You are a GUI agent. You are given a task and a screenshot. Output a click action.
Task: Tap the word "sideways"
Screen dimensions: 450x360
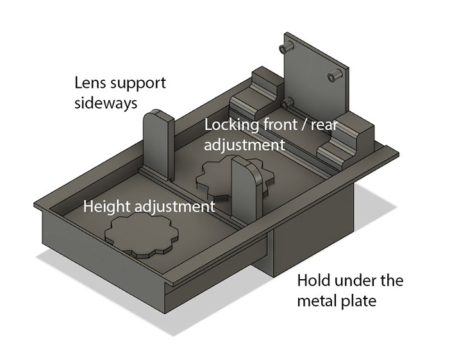pyautogui.click(x=106, y=103)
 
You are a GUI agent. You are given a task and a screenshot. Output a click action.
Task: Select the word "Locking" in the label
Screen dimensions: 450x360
pyautogui.click(x=231, y=126)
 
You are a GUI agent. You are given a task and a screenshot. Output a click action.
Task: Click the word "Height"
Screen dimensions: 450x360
pyautogui.click(x=107, y=207)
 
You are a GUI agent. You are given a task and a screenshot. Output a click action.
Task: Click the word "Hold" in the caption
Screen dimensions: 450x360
pyautogui.click(x=313, y=280)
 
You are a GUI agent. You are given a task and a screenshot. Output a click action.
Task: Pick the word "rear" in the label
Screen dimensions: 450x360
pyautogui.click(x=324, y=126)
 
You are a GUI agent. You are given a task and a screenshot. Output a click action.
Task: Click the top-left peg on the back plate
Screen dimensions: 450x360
pyautogui.click(x=287, y=47)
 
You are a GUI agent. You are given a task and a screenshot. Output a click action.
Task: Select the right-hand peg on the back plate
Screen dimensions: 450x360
pyautogui.click(x=335, y=75)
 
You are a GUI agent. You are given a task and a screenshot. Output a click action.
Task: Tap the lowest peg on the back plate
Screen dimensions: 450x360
pyautogui.click(x=287, y=103)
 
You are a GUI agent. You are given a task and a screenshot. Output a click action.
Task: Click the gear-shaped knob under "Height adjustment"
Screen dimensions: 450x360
pyautogui.click(x=142, y=235)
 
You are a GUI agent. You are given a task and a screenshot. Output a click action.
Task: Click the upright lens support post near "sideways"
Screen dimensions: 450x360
pyautogui.click(x=159, y=145)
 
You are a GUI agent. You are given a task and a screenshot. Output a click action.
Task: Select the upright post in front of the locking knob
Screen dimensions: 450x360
pyautogui.click(x=247, y=189)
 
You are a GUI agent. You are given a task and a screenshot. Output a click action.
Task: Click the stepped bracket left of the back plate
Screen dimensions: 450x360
pyautogui.click(x=255, y=95)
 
